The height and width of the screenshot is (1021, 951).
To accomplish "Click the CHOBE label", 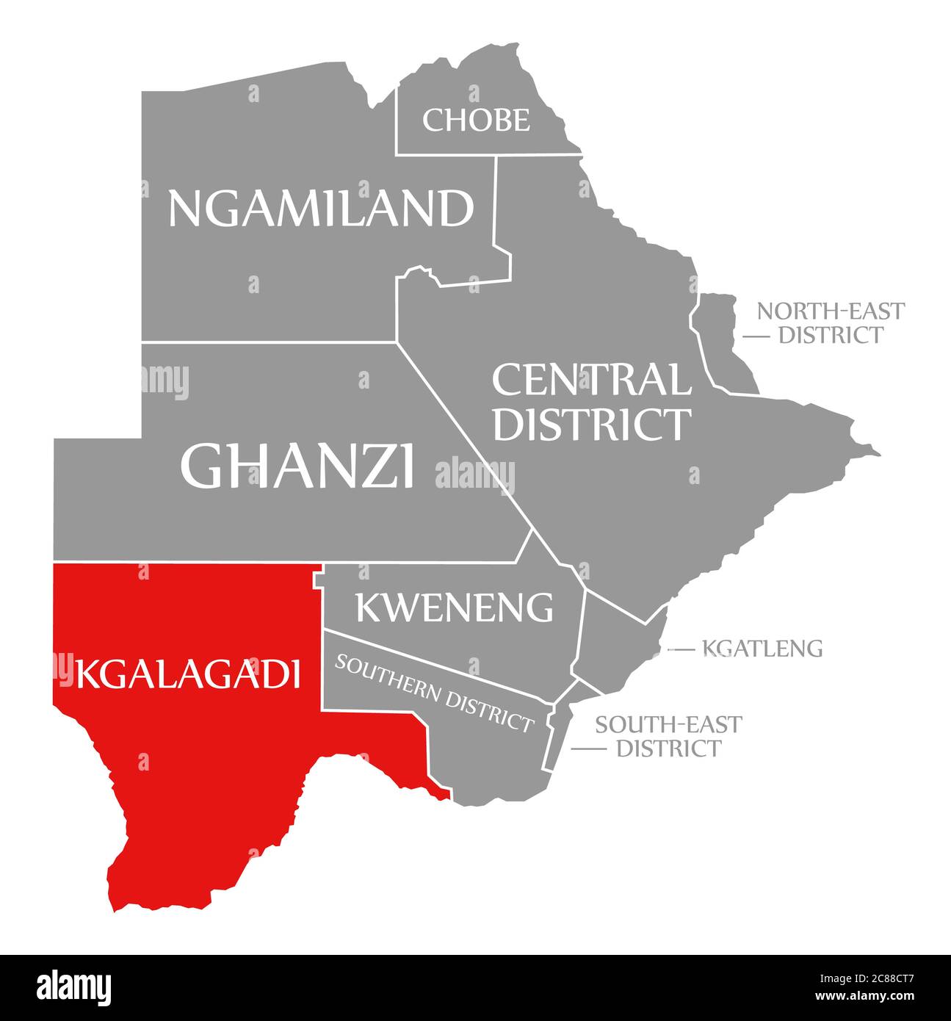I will click(476, 120).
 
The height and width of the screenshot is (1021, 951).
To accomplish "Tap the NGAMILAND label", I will click(321, 208).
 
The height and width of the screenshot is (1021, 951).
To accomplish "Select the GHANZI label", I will click(297, 466).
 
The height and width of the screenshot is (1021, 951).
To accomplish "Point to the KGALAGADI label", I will click(188, 674).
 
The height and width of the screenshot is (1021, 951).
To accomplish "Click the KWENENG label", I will click(454, 607).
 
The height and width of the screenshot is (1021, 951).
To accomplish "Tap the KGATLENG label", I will click(762, 649).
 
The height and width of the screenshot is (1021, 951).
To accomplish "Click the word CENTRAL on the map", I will click(591, 380).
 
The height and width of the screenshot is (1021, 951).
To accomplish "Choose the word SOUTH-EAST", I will click(668, 724).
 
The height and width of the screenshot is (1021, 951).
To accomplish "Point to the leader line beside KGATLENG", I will click(681, 649).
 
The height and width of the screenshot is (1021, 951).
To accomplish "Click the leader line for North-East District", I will click(756, 336).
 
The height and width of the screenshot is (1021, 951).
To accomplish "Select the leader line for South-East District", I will click(588, 749).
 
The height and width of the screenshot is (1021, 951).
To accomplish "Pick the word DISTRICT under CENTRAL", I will click(591, 424).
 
